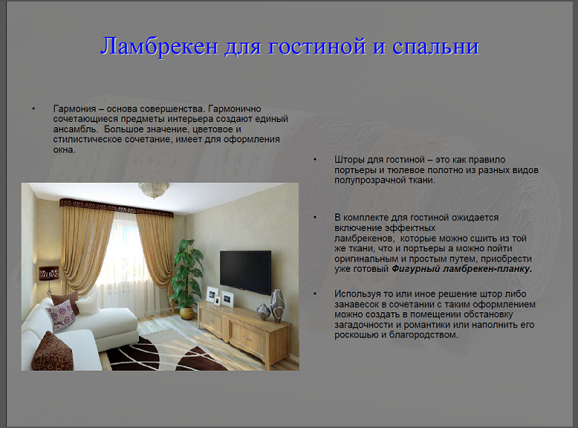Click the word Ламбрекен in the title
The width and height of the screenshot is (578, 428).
click(159, 47)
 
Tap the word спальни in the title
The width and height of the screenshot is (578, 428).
click(435, 47)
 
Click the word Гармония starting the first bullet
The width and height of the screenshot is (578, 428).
click(75, 109)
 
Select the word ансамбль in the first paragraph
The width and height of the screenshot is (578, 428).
click(73, 129)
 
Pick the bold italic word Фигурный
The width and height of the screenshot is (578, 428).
click(416, 269)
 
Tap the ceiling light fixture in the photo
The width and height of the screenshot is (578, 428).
click(154, 190)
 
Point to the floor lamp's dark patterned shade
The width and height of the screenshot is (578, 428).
click(49, 273)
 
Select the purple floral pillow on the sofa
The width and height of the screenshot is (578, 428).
click(61, 315)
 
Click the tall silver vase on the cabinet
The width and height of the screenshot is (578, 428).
click(277, 306)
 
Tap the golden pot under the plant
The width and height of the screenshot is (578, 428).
click(186, 313)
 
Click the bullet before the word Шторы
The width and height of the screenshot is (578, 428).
click(315, 160)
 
